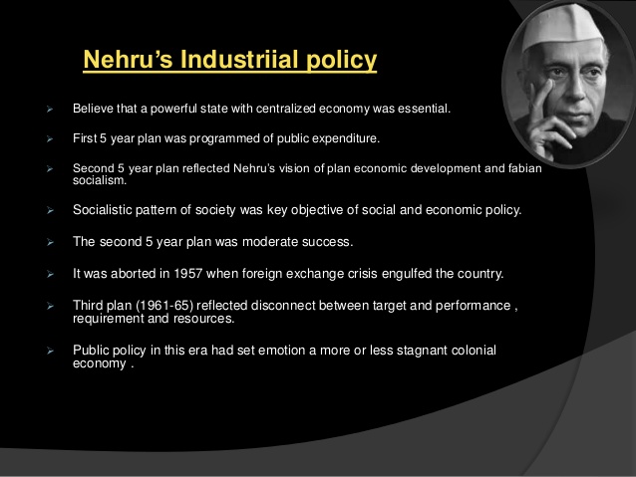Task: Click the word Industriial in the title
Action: tap(239, 60)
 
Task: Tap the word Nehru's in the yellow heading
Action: tap(128, 60)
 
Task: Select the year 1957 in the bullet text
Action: tap(187, 274)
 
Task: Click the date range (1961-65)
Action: tap(164, 305)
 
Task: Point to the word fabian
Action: tap(525, 168)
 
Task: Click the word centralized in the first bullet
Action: tap(285, 109)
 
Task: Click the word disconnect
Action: tap(283, 305)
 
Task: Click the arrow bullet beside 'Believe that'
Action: tap(50, 109)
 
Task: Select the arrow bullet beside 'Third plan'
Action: tap(50, 306)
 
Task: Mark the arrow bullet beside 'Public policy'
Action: tap(50, 351)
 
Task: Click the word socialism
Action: tap(100, 181)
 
